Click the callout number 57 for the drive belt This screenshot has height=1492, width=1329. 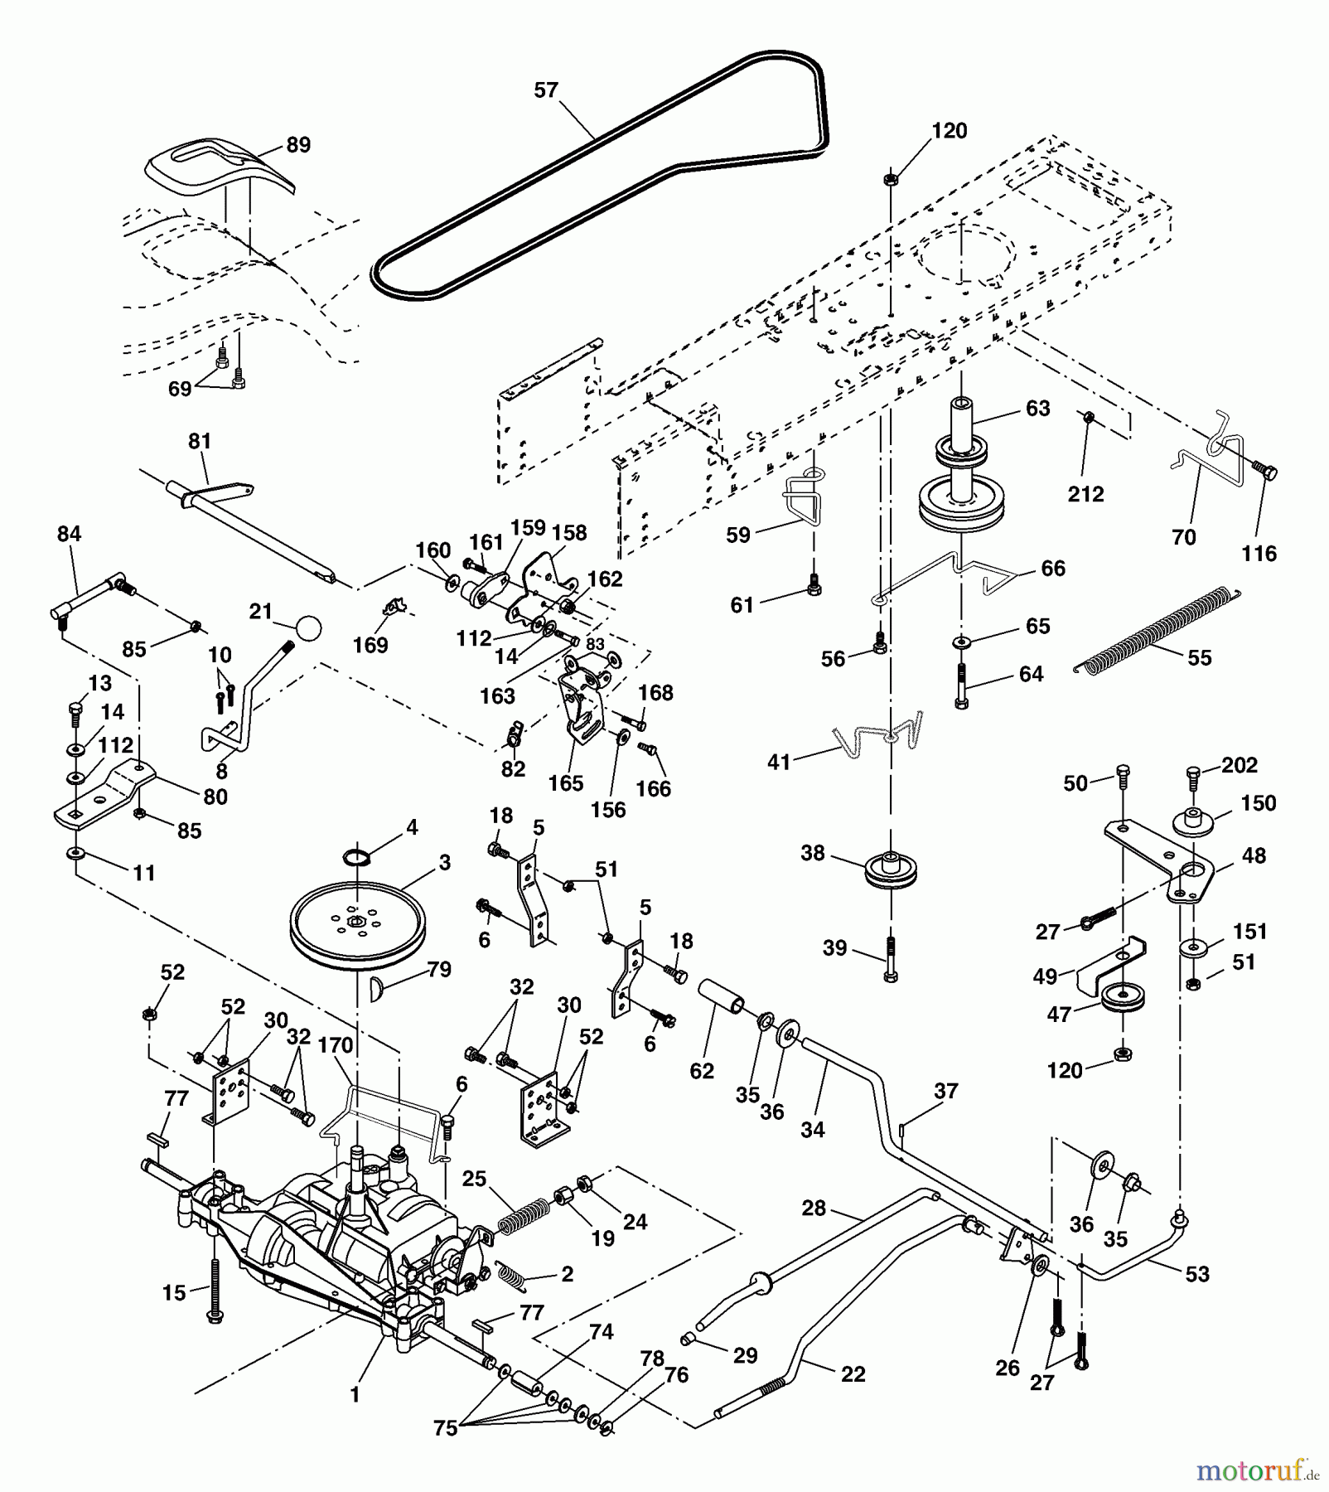(x=546, y=90)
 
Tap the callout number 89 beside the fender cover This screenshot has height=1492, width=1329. (x=298, y=145)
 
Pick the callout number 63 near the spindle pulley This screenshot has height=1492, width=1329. (x=1037, y=409)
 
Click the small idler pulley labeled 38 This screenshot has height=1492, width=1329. (x=890, y=868)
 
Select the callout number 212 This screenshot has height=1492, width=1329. (x=1085, y=494)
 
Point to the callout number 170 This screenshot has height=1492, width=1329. (x=336, y=1045)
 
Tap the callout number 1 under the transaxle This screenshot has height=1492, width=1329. (x=355, y=1395)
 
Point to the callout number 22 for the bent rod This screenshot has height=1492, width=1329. (x=853, y=1374)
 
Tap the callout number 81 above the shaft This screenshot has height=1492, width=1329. (x=200, y=442)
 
